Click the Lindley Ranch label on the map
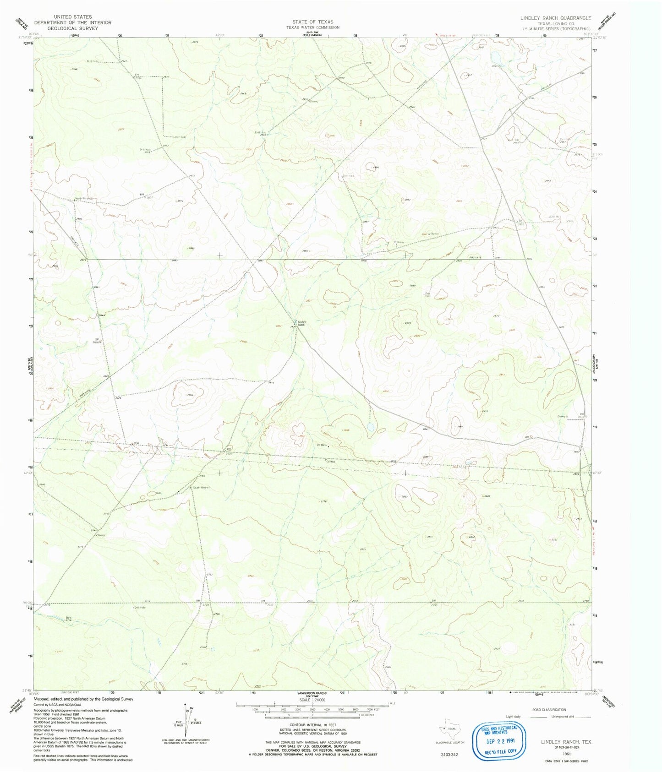coord(301,323)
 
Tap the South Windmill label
coord(202,488)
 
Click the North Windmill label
coord(84,199)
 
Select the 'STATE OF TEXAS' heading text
coord(313,22)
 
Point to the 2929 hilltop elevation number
coord(408,323)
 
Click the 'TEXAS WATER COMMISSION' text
coord(313,27)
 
